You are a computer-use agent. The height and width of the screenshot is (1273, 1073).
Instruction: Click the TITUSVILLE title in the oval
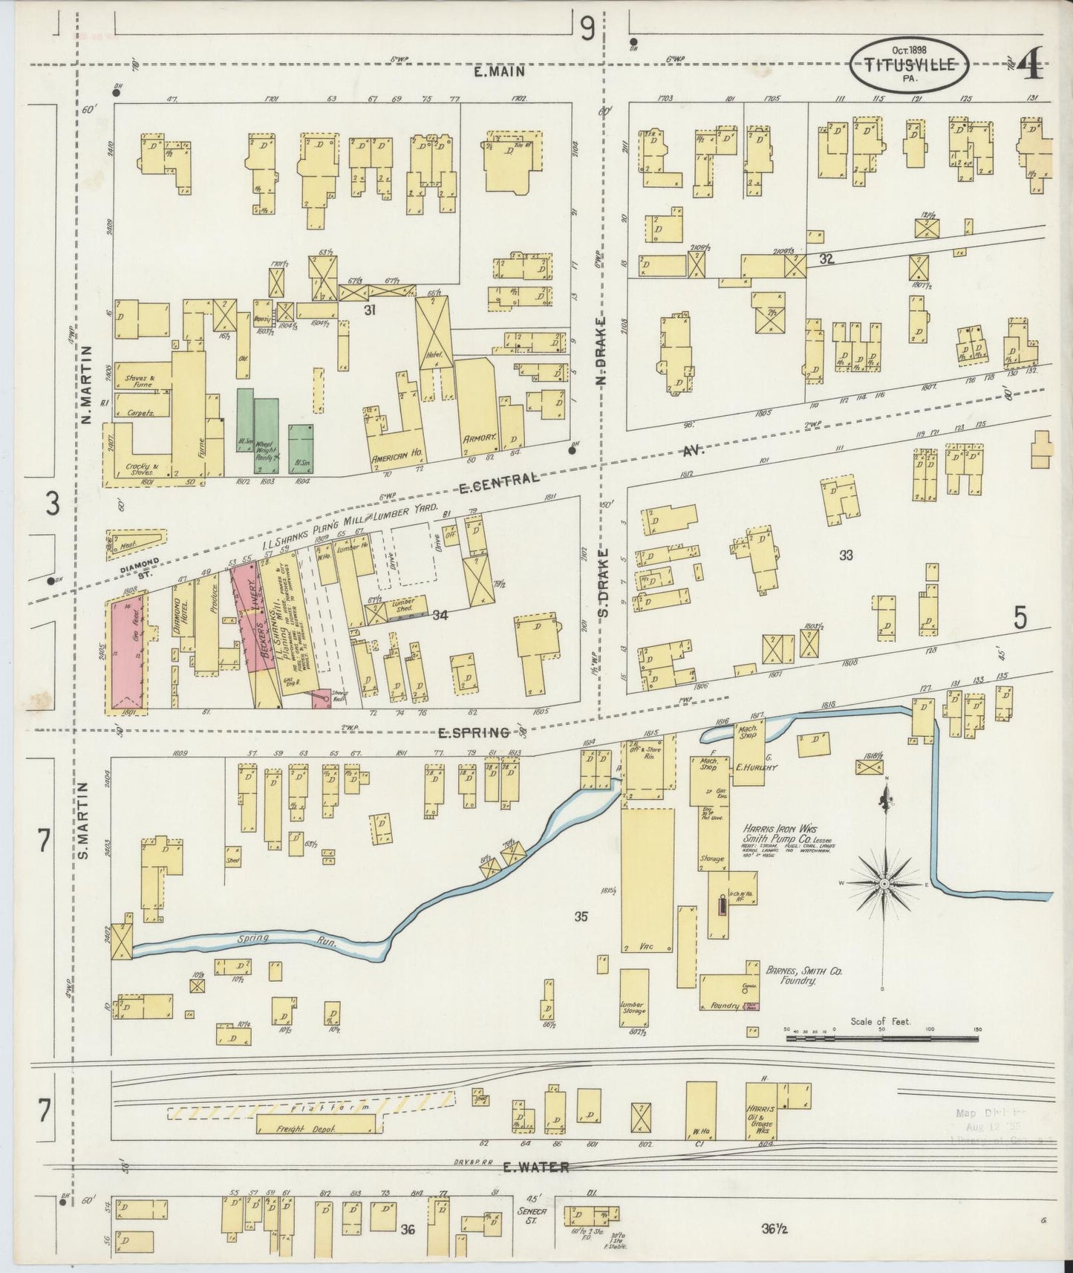click(910, 65)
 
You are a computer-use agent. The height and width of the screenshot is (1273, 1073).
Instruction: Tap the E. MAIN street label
click(503, 72)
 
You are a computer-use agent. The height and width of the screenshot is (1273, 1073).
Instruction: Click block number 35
click(581, 917)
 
